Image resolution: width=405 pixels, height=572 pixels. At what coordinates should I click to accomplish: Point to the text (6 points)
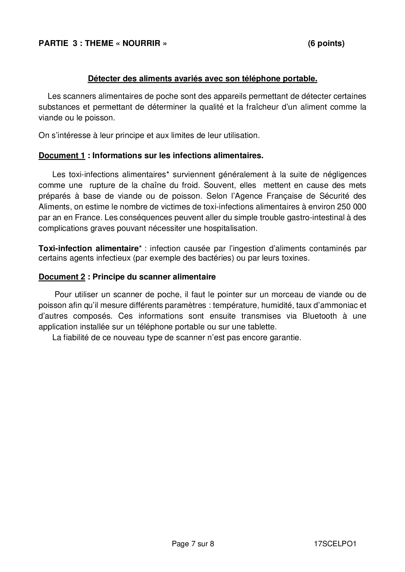326,43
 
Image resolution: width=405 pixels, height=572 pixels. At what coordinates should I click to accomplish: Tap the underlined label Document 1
62,156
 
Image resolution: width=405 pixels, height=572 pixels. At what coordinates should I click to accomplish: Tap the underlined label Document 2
62,277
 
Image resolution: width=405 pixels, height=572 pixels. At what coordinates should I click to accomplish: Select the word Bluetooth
319,316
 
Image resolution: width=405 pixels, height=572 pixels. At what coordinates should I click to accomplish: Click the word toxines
294,258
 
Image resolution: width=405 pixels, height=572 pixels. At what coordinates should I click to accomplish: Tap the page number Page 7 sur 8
193,544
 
